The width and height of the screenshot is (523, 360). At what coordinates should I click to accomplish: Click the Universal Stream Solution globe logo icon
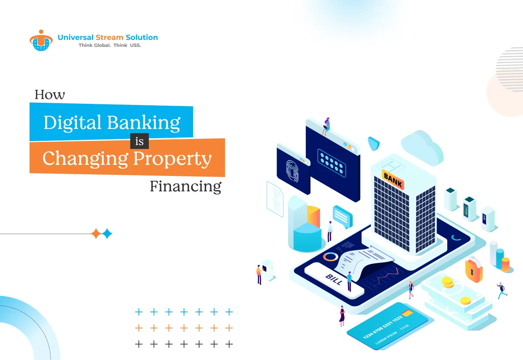41,41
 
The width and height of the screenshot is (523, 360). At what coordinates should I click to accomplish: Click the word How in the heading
49,95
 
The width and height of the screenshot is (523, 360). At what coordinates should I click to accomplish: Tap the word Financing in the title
185,186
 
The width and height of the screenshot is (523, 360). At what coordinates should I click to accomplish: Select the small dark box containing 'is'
139,141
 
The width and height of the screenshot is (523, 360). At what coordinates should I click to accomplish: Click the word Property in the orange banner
172,159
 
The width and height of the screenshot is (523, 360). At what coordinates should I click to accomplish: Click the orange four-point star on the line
96,234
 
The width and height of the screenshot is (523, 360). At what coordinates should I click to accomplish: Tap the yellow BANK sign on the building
393,180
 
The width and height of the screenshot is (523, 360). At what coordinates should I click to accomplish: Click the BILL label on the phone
334,280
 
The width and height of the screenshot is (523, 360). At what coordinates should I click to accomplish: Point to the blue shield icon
373,143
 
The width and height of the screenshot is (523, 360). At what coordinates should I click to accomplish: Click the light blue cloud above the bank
422,147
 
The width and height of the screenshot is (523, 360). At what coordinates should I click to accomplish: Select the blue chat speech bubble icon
342,216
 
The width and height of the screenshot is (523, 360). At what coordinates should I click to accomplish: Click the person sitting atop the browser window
326,126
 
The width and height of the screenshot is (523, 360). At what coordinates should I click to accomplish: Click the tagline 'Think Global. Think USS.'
110,45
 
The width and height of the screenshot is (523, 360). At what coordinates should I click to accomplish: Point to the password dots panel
332,163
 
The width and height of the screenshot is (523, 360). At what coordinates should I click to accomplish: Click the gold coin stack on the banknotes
448,282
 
